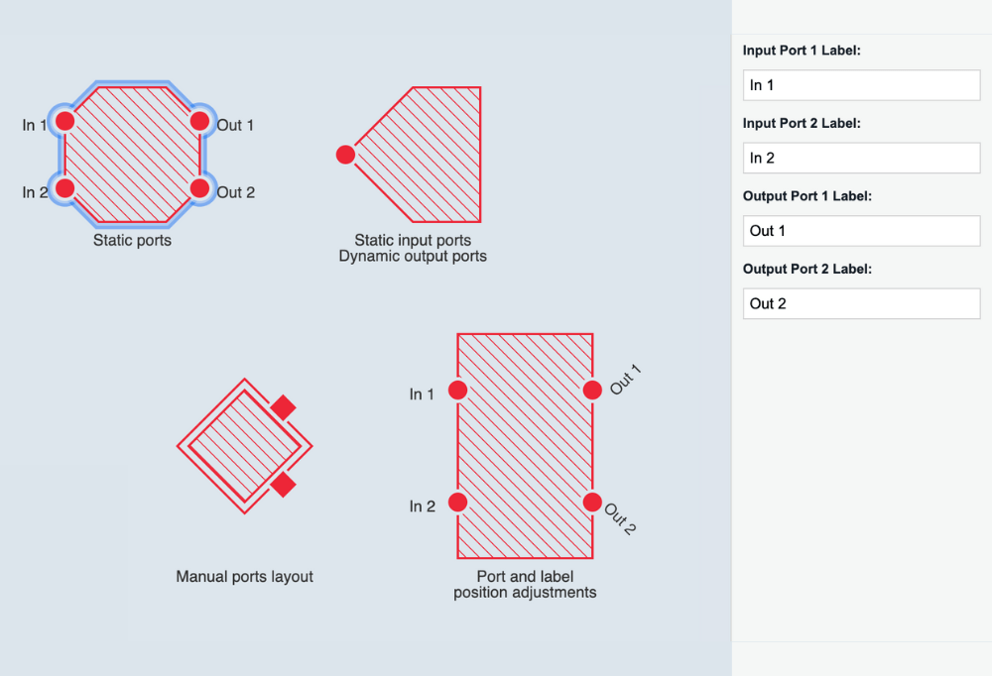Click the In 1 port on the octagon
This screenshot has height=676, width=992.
click(64, 121)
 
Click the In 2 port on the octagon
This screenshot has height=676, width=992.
click(64, 187)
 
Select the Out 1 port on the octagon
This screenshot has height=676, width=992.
click(199, 121)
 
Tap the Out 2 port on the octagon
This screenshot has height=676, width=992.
click(199, 187)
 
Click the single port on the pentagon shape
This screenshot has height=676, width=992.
click(345, 155)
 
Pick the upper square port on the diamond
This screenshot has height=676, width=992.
click(284, 406)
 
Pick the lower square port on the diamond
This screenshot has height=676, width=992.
click(284, 484)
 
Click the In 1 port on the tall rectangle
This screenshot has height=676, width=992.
click(457, 391)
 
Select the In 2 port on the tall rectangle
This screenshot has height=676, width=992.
click(457, 503)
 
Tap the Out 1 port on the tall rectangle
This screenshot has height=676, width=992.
click(592, 391)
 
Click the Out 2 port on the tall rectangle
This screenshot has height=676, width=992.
click(592, 502)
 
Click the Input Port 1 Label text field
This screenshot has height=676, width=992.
click(861, 85)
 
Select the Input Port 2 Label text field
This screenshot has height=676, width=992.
click(861, 158)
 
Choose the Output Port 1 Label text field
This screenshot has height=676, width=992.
click(861, 231)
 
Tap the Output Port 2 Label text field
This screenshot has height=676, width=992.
click(861, 303)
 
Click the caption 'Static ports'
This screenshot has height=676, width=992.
click(132, 240)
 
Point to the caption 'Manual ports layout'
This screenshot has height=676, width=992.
click(244, 576)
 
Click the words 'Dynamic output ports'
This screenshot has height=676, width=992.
click(413, 256)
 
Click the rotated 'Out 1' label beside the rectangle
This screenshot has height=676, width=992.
click(626, 380)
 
